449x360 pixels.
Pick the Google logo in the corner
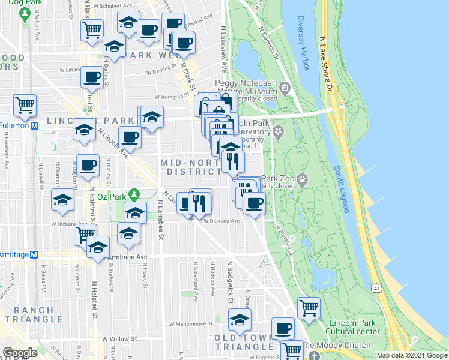click(20, 353)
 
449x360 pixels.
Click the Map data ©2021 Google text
click(412, 355)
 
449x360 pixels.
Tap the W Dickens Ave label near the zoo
click(221, 221)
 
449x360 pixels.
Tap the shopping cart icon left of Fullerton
click(25, 105)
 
